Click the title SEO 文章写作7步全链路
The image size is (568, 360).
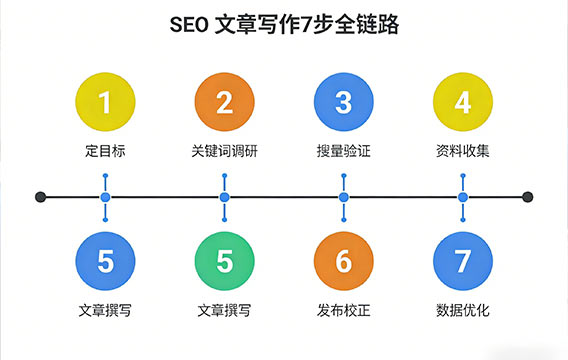pyautogui.click(x=284, y=27)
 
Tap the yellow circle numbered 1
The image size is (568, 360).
pyautogui.click(x=105, y=102)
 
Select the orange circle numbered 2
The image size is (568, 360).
pyautogui.click(x=224, y=102)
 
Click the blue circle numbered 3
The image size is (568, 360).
pyautogui.click(x=343, y=102)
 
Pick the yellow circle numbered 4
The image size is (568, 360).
pyautogui.click(x=462, y=102)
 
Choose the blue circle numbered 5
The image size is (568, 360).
pyautogui.click(x=105, y=262)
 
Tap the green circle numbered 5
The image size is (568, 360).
pyautogui.click(x=224, y=262)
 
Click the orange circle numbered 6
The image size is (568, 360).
pyautogui.click(x=343, y=262)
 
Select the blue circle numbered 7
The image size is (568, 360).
pyautogui.click(x=462, y=262)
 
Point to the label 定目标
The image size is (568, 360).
pyautogui.click(x=105, y=152)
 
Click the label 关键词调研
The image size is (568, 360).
pyautogui.click(x=224, y=152)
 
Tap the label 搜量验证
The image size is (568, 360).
pyautogui.click(x=343, y=152)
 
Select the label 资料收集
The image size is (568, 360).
pyautogui.click(x=462, y=152)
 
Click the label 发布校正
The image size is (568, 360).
pyautogui.click(x=343, y=311)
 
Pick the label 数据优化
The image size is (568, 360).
pyautogui.click(x=462, y=311)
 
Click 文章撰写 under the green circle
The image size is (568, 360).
pyautogui.click(x=224, y=311)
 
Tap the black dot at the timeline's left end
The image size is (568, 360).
pyautogui.click(x=40, y=197)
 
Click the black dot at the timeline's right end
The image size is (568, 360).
pyautogui.click(x=528, y=197)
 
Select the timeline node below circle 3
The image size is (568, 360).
pyautogui.click(x=343, y=197)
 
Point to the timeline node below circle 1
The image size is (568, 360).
pyautogui.click(x=105, y=197)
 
